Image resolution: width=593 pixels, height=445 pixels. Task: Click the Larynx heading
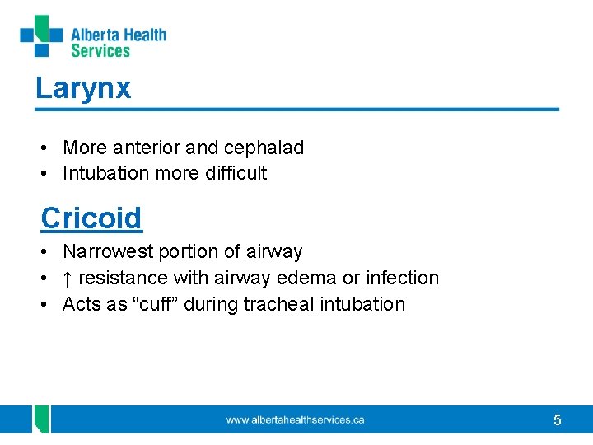coord(83,88)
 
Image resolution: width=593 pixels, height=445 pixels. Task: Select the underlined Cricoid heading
coord(91,218)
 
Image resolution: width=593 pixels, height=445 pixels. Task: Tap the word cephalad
coord(263,148)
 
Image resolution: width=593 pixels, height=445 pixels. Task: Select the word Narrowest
coord(106,252)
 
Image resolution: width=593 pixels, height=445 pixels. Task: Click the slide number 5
coord(558,421)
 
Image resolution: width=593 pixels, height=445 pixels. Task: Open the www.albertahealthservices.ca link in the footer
coord(295,420)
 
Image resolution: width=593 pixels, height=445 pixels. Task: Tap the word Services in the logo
coord(100,51)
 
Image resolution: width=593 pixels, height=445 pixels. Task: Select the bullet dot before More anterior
coord(44,148)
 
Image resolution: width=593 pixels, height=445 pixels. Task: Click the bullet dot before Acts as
coord(44,304)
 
